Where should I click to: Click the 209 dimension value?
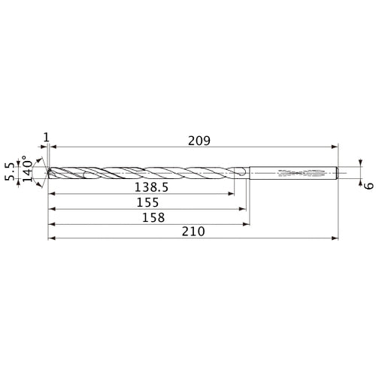[199, 141]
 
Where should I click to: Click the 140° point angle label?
[31, 172]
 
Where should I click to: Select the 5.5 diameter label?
[10, 172]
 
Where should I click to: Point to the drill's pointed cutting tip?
[48, 172]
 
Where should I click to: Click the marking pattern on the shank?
[301, 172]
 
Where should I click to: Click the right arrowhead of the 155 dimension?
[244, 208]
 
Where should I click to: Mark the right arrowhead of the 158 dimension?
[247, 223]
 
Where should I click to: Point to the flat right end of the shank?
[338, 172]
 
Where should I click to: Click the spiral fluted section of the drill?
[143, 172]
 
